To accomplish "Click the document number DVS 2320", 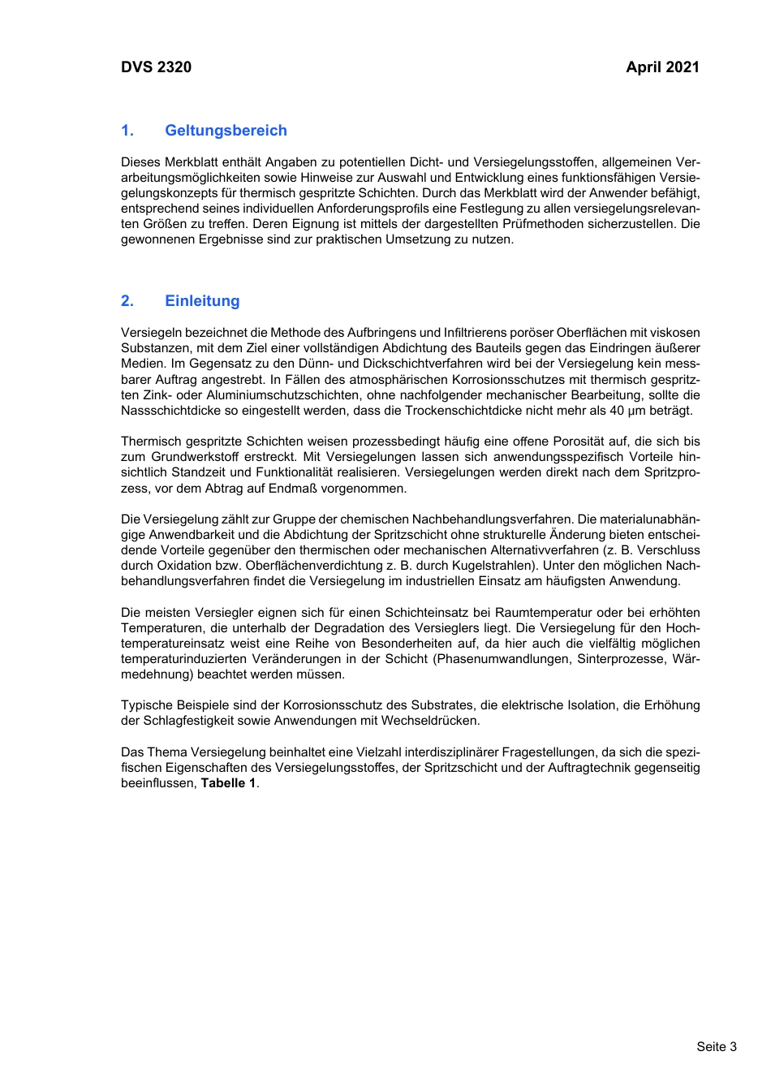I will pos(156,67).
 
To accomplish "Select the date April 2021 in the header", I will pos(662,67).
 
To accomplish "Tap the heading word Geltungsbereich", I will pos(226,131).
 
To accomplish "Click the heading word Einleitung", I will pos(202,301).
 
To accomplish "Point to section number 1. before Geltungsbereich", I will pos(127,131).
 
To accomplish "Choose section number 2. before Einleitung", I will pos(127,301).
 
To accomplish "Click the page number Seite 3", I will pos(716,1046).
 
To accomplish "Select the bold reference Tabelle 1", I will pos(228,783).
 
